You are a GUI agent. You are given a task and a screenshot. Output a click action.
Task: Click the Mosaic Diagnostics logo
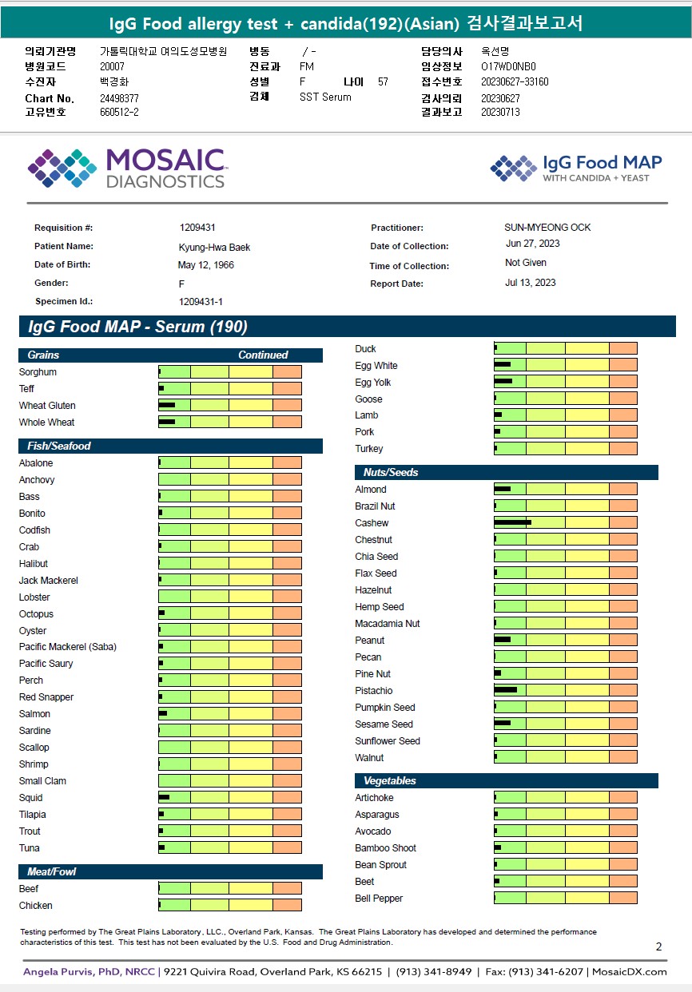click(x=126, y=169)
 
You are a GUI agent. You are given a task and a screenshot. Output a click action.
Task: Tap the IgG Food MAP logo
click(x=575, y=168)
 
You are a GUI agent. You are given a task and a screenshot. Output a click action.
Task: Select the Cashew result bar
click(x=565, y=523)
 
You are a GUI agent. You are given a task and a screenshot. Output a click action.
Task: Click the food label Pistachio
click(x=374, y=691)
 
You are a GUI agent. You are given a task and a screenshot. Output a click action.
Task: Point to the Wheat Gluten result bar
click(x=229, y=406)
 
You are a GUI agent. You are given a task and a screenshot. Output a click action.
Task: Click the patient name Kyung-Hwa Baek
click(x=214, y=248)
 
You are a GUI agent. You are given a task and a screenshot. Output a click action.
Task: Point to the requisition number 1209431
click(x=197, y=228)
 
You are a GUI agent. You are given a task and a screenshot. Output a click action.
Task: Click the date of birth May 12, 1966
click(x=206, y=265)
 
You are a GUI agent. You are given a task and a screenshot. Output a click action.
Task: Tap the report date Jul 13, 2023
click(x=531, y=283)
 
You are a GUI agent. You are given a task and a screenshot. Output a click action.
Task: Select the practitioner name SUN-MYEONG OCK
click(x=547, y=228)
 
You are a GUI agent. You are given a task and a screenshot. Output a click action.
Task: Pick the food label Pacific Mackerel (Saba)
click(x=68, y=647)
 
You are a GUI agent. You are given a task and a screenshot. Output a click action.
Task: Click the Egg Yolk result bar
click(x=565, y=383)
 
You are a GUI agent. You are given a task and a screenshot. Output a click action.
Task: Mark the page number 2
click(x=658, y=947)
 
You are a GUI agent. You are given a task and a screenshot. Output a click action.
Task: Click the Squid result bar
click(x=229, y=798)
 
